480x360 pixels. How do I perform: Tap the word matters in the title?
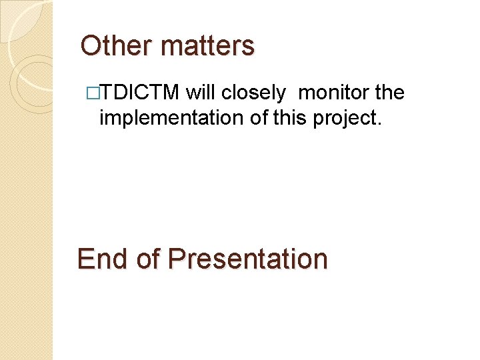tap(207, 46)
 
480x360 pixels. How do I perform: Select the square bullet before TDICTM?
tap(93, 93)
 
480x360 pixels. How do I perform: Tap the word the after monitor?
tap(390, 93)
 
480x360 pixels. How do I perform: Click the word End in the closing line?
tap(103, 259)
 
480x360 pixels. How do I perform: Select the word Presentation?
tap(247, 259)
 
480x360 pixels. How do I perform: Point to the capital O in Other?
tap(90, 46)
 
